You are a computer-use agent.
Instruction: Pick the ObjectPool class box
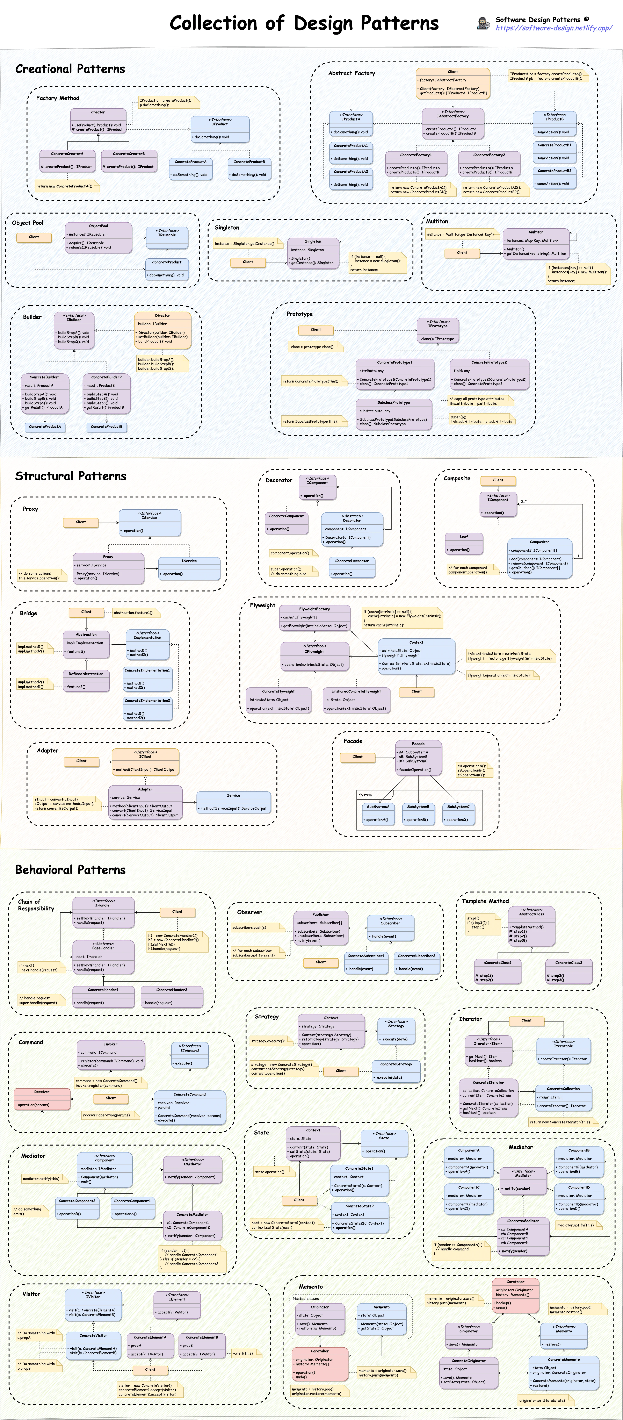click(98, 237)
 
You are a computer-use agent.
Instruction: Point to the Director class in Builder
click(163, 330)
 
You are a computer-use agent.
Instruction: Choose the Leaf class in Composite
click(464, 543)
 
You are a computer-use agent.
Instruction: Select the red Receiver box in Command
click(42, 1098)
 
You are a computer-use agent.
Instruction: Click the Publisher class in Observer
click(320, 927)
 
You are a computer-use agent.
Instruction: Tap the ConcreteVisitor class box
click(93, 1344)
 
